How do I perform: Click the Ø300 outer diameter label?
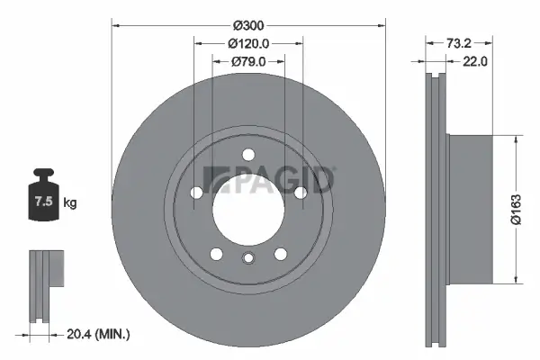pyautogui.click(x=248, y=25)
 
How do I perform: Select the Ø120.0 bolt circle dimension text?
pyautogui.click(x=248, y=43)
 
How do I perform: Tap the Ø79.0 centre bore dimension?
pyautogui.click(x=248, y=61)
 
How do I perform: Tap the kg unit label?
pyautogui.click(x=70, y=203)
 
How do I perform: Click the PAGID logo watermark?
pyautogui.click(x=270, y=180)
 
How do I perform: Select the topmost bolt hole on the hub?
pyautogui.click(x=248, y=153)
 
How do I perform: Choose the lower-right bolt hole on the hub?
pyautogui.click(x=280, y=252)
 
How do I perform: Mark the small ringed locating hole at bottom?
pyautogui.click(x=248, y=260)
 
